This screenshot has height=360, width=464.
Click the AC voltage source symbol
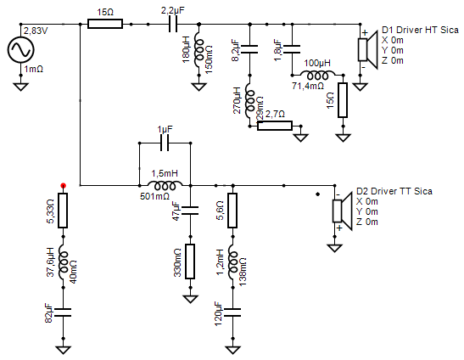click(20, 49)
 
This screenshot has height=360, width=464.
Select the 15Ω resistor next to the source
click(105, 24)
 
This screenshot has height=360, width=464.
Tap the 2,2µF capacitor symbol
click(173, 24)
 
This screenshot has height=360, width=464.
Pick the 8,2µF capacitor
click(249, 49)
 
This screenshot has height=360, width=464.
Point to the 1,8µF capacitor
click(292, 49)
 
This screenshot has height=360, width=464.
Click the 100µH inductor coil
click(317, 76)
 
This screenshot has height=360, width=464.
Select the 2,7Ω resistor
click(275, 126)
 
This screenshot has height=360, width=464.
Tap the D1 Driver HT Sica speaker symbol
click(367, 49)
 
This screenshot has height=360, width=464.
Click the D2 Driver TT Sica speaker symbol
click(342, 211)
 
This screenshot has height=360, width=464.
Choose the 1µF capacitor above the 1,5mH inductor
click(165, 143)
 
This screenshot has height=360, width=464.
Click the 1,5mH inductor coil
click(165, 185)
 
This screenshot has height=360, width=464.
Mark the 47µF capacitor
click(190, 211)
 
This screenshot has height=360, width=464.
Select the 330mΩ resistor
click(190, 262)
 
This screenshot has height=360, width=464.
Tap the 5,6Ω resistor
click(232, 211)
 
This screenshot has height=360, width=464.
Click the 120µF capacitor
click(232, 312)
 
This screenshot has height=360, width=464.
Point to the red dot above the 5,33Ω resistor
click(63, 186)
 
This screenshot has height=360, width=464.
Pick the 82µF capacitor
click(63, 312)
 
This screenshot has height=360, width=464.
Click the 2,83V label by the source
click(36, 31)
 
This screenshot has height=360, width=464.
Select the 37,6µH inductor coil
click(63, 262)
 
